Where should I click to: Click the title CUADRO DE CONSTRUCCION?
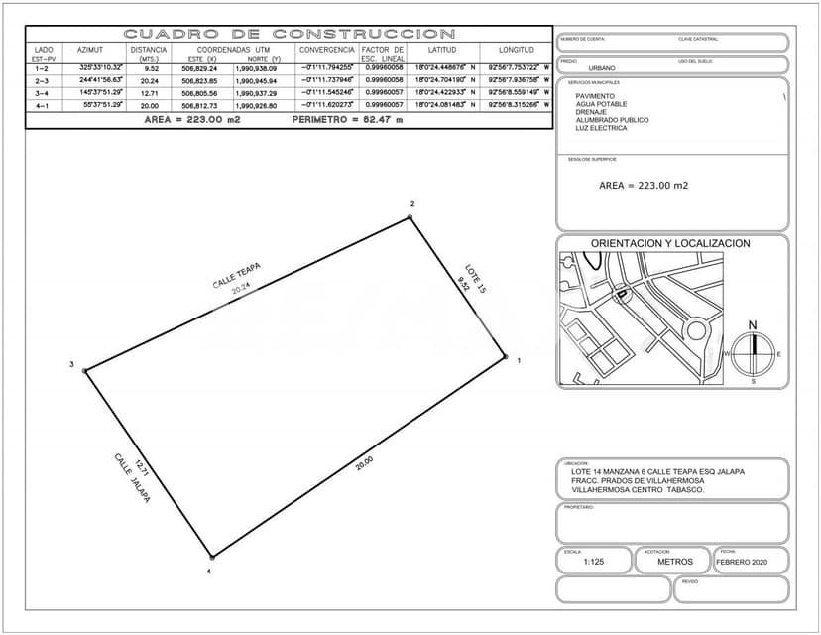[x=290, y=34]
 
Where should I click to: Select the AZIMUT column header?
[x=90, y=49]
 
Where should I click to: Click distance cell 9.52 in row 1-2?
[x=151, y=68]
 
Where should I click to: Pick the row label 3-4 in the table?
[x=43, y=92]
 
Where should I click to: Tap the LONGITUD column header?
[x=516, y=49]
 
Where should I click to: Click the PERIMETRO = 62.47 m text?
[x=347, y=119]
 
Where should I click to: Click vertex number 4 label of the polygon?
[x=209, y=571]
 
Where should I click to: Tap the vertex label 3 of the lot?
[x=71, y=365]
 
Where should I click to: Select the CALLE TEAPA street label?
[x=236, y=275]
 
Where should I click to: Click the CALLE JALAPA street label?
[x=131, y=479]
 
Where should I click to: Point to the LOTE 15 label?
[x=476, y=277]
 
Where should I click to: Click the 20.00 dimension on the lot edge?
[x=364, y=461]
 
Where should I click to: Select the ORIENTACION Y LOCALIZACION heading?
[x=670, y=243]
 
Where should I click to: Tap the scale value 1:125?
[x=594, y=562]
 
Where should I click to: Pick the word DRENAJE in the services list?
[x=591, y=112]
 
